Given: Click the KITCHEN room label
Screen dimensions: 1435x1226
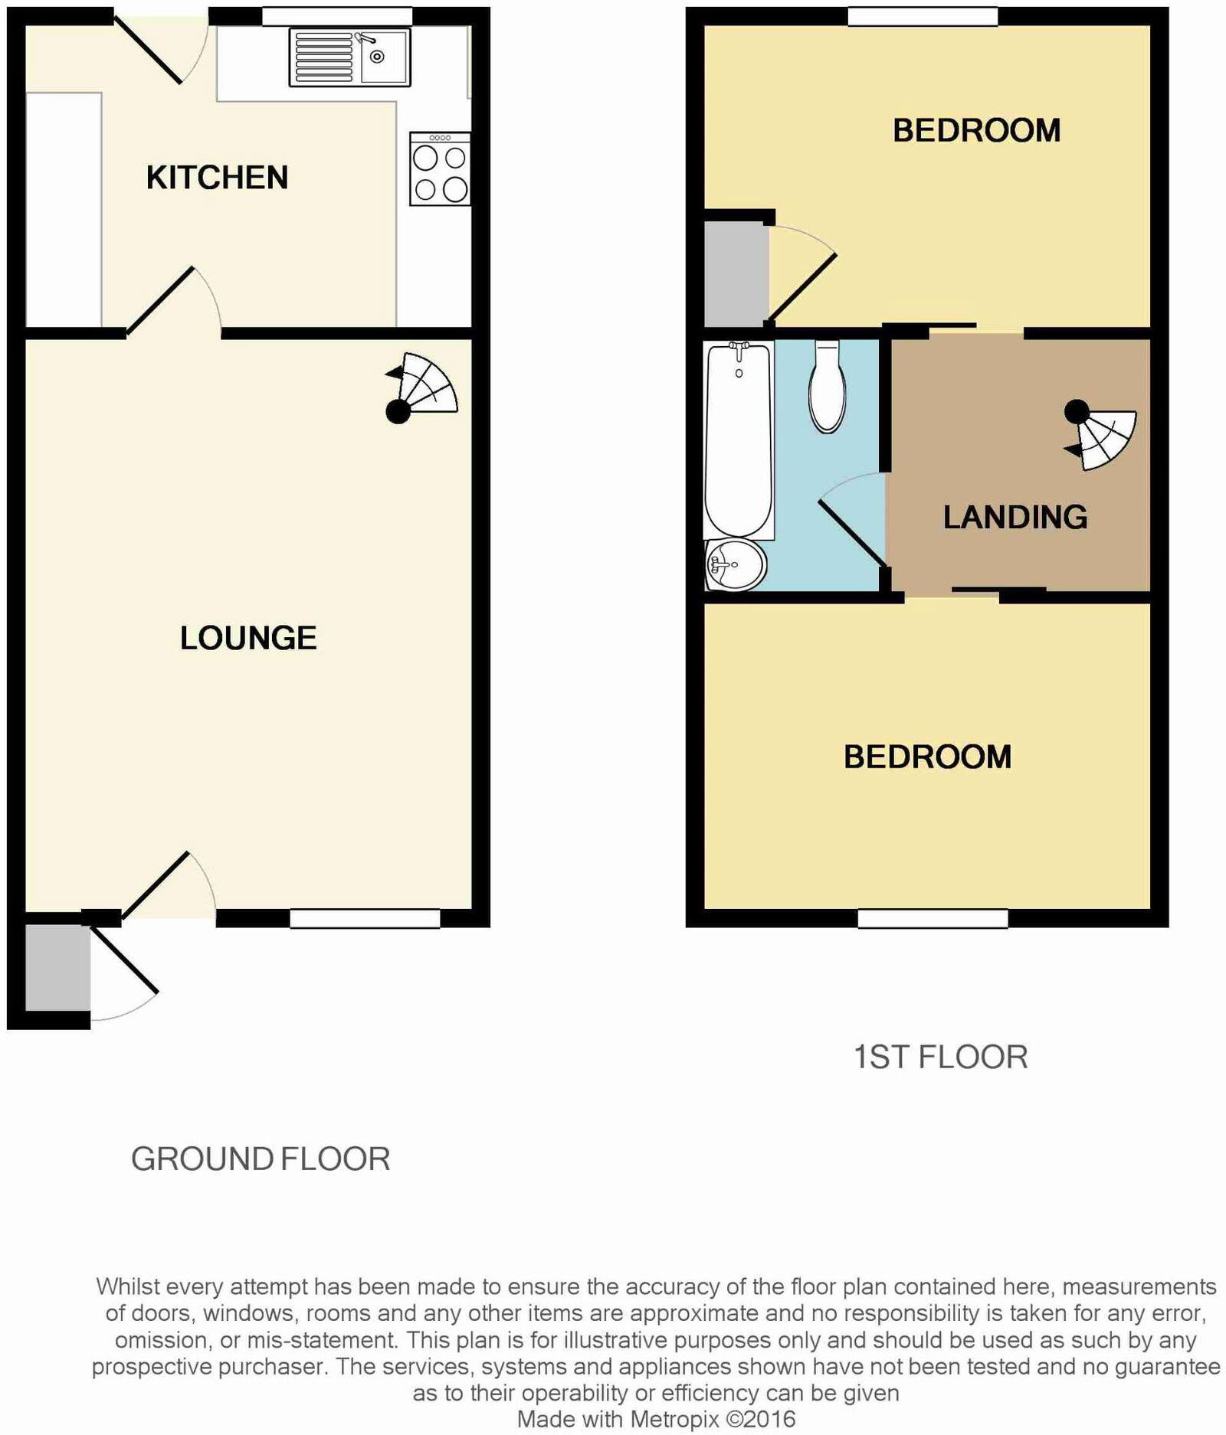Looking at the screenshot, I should (x=217, y=178).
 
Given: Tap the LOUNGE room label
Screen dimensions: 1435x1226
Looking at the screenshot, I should (x=248, y=638).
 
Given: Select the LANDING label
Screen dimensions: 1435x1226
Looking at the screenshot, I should (x=1015, y=518).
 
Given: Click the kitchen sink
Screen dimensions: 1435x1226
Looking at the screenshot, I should (x=349, y=57).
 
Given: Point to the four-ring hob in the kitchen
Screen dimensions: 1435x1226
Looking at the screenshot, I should (x=440, y=169).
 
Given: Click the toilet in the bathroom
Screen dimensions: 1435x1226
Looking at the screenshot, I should (x=828, y=387).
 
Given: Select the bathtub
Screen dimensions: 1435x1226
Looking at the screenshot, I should (x=739, y=440).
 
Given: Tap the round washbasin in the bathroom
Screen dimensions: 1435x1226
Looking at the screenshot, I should (x=736, y=565).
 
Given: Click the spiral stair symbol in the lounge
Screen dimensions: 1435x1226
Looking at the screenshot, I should (x=421, y=387).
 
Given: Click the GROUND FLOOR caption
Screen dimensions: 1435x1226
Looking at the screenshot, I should (x=261, y=1159).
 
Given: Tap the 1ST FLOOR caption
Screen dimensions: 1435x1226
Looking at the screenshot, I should (x=940, y=1057).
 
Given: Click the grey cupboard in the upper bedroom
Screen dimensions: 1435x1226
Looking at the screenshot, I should (x=736, y=273).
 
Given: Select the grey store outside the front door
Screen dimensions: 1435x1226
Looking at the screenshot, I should (x=57, y=968).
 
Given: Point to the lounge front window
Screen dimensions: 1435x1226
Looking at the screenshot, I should (x=365, y=918).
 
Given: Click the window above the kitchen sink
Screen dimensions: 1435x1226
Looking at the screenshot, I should (x=337, y=16).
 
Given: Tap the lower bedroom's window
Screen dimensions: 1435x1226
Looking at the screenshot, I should (x=933, y=918).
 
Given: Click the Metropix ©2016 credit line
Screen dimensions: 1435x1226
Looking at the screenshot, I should (x=656, y=1419).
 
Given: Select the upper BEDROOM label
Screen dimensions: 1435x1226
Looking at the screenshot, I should (x=976, y=131).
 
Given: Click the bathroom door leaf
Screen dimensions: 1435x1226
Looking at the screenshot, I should (x=853, y=534).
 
